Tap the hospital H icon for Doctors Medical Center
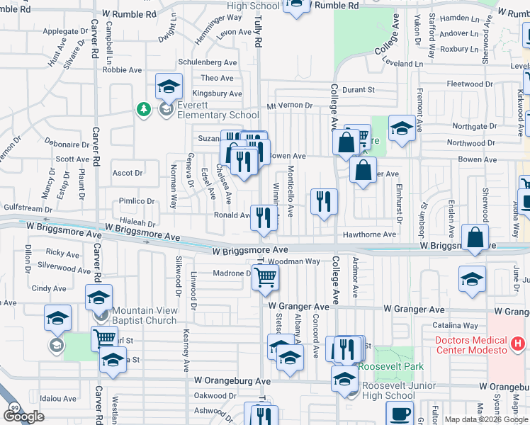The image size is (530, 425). [x=518, y=345]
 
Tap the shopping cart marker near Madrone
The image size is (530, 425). [x=265, y=277]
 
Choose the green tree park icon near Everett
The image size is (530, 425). [x=144, y=108]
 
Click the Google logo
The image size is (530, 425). [x=23, y=416]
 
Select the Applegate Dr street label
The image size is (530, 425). [x=65, y=32]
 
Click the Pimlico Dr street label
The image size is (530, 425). [x=136, y=201]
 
